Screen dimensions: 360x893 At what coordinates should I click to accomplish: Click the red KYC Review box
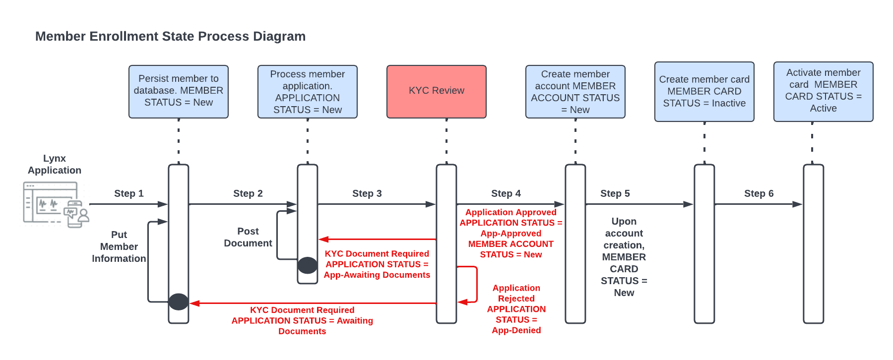click(x=436, y=91)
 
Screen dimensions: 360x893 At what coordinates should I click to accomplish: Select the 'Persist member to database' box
click(x=178, y=91)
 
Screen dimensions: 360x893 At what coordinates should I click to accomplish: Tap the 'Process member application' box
click(x=307, y=91)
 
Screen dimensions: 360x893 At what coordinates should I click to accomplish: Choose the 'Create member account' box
click(x=575, y=91)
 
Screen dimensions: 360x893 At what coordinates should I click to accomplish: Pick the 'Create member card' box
click(x=704, y=91)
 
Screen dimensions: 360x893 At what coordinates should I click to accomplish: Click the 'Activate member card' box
click(x=823, y=91)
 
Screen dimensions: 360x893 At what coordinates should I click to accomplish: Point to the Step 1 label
click(x=128, y=193)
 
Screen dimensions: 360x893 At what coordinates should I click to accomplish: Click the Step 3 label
click(x=367, y=193)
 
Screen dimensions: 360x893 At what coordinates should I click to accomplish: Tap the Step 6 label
click(x=759, y=193)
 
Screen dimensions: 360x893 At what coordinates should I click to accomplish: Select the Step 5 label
click(x=615, y=193)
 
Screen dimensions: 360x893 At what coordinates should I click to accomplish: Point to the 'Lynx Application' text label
click(x=55, y=164)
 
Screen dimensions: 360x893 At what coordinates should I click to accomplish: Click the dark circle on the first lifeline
click(x=179, y=301)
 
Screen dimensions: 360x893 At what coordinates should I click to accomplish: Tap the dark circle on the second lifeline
click(x=308, y=265)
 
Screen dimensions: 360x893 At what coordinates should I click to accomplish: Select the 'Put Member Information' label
click(x=119, y=246)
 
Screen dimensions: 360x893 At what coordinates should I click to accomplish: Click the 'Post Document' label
click(x=248, y=237)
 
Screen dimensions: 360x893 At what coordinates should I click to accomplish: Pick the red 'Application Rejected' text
click(x=516, y=308)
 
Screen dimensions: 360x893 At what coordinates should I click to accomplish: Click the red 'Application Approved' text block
click(x=510, y=233)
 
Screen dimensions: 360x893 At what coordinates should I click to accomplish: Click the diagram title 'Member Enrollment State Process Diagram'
click(x=170, y=36)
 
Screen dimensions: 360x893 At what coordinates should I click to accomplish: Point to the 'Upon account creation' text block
click(x=624, y=257)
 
